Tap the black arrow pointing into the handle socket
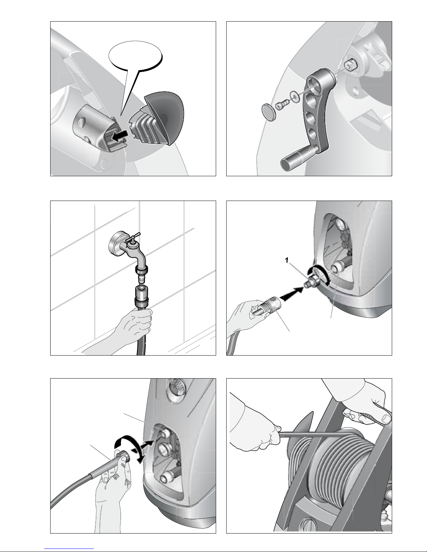pos(120,137)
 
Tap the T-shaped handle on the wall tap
pos(133,237)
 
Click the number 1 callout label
pos(287,260)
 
